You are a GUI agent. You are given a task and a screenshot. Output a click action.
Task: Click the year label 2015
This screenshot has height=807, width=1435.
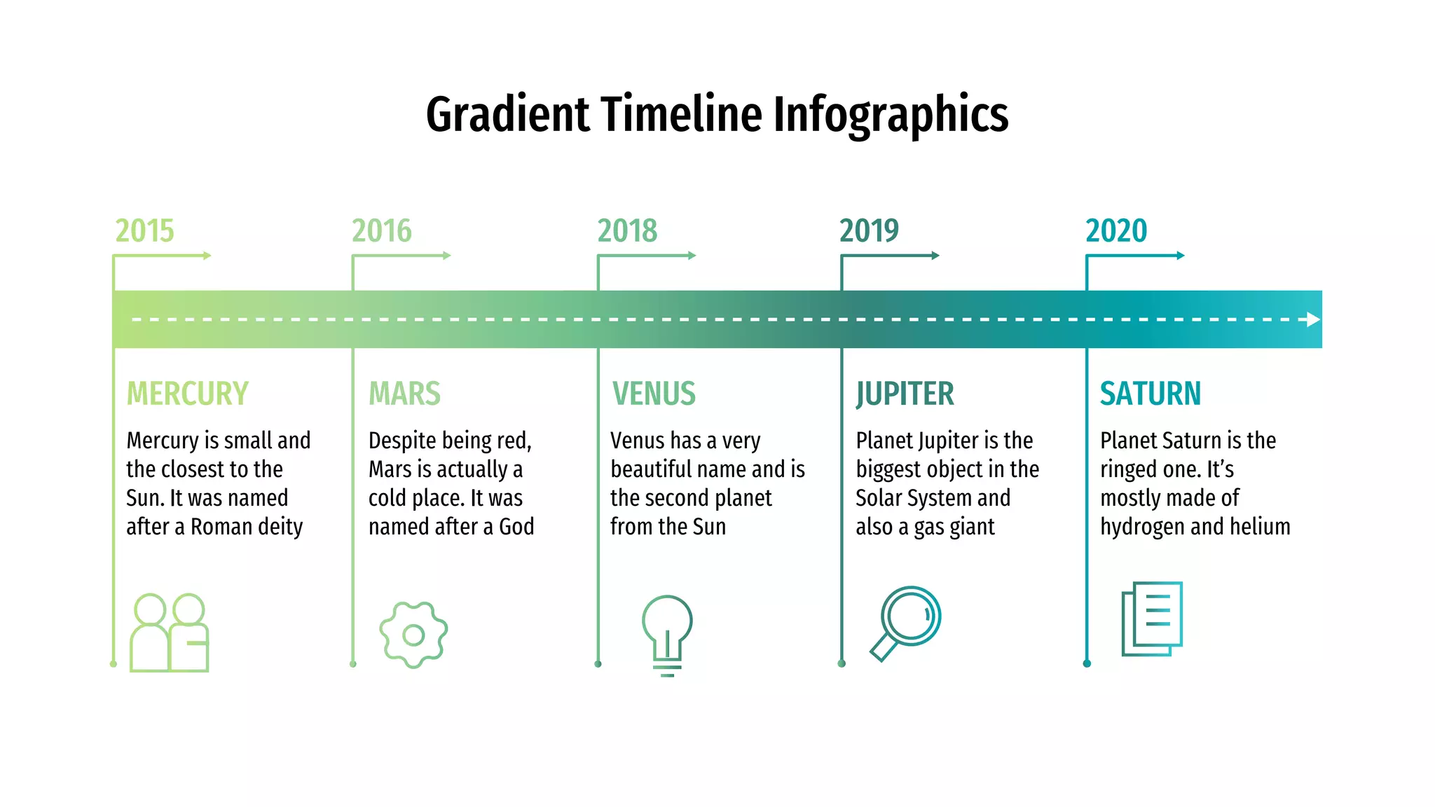pyautogui.click(x=144, y=231)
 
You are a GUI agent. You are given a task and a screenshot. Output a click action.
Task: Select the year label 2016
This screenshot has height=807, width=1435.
pyautogui.click(x=382, y=231)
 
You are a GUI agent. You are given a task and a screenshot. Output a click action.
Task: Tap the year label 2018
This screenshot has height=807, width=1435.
pyautogui.click(x=627, y=231)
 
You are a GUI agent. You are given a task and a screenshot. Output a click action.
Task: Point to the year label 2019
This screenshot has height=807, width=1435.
pyautogui.click(x=869, y=231)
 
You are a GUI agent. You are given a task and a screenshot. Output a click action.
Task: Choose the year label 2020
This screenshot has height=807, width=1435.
pyautogui.click(x=1116, y=231)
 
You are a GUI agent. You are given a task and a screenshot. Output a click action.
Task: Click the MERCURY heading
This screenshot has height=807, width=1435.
pyautogui.click(x=187, y=394)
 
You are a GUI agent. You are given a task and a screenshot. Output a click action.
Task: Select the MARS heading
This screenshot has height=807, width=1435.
pyautogui.click(x=404, y=394)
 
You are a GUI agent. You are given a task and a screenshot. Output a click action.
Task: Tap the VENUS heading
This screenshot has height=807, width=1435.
pyautogui.click(x=654, y=394)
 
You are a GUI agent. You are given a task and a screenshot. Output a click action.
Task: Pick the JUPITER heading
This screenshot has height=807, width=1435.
pyautogui.click(x=905, y=394)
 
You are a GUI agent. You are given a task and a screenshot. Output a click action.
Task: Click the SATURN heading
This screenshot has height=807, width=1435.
pyautogui.click(x=1150, y=394)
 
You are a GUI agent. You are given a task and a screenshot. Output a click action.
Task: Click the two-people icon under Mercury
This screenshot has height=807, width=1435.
pyautogui.click(x=170, y=633)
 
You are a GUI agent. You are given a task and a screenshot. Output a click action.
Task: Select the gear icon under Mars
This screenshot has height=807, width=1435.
pyautogui.click(x=413, y=635)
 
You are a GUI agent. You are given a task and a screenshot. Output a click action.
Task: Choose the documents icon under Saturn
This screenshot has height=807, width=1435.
pyautogui.click(x=1152, y=619)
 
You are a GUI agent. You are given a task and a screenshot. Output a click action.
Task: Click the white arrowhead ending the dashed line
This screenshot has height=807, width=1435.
pyautogui.click(x=1313, y=319)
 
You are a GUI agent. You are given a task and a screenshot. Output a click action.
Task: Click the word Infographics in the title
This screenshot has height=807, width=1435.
pyautogui.click(x=891, y=115)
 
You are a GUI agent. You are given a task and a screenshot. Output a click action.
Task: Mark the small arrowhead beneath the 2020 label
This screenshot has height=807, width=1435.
pyautogui.click(x=1181, y=256)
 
